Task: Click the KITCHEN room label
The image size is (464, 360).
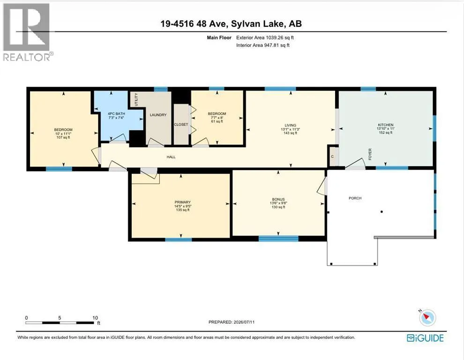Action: pos(385,125)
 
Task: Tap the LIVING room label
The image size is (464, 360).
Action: pos(290,125)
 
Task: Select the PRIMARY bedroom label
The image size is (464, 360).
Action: pos(183,202)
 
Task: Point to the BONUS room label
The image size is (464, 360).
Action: pos(278,199)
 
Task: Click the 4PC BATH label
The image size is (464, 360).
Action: pos(116,114)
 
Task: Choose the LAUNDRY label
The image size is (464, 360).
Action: pos(158,115)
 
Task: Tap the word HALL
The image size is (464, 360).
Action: pos(171,157)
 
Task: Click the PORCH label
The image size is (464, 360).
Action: pos(355,198)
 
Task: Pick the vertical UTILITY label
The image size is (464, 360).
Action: pos(136,99)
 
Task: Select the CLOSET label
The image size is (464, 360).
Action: pos(181,125)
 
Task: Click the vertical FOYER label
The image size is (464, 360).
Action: pos(370,154)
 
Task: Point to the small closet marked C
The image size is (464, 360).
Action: pos(333,156)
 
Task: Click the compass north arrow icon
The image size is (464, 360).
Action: pos(427,318)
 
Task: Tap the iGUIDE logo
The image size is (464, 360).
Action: pos(425,338)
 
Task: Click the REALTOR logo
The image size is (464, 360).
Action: pos(27,32)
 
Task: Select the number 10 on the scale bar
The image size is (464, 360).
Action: pos(95,318)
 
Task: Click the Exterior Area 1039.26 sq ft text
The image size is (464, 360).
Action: pos(265,37)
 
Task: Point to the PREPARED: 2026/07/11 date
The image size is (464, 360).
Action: pos(232,322)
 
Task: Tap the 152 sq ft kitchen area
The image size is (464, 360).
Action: pos(385,133)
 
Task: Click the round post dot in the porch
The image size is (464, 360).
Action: pos(382,212)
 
